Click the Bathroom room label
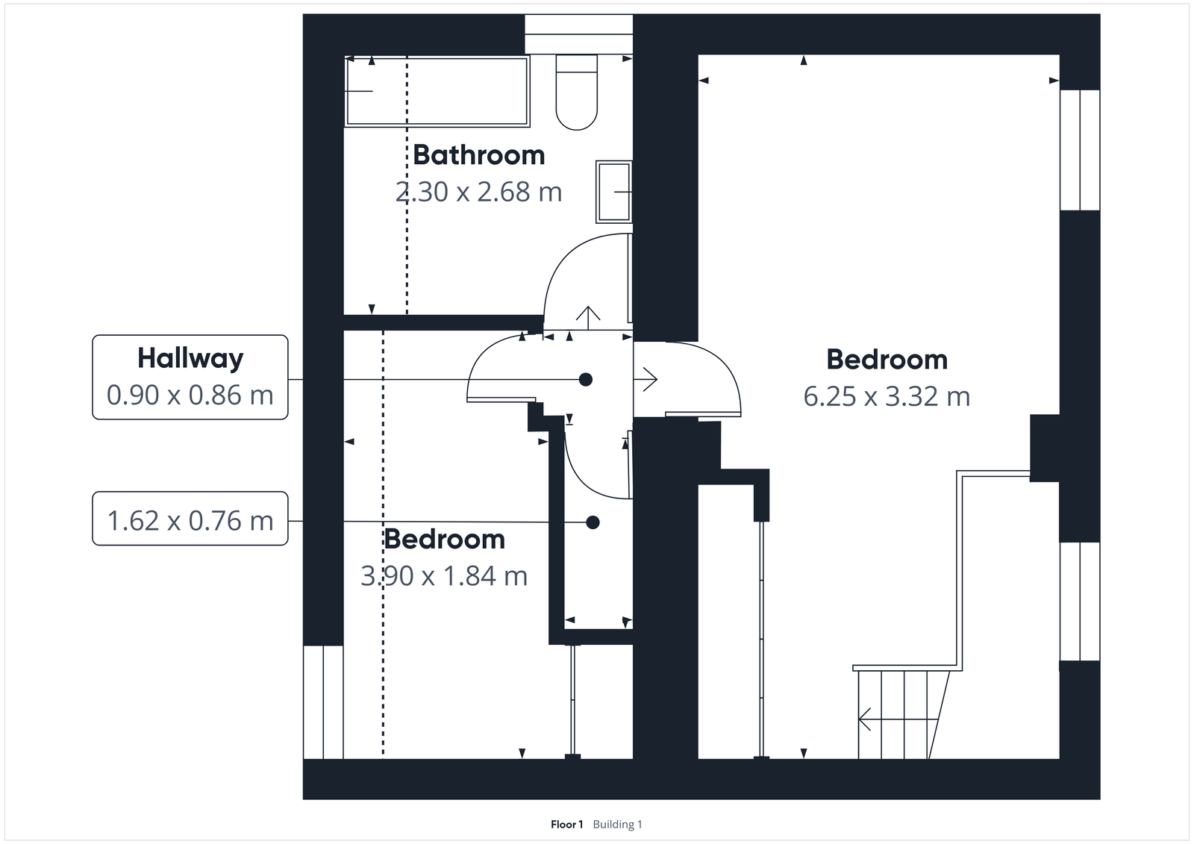pos(478,155)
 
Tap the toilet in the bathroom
pos(577,92)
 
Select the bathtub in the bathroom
pos(437,91)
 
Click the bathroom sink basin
pos(613,192)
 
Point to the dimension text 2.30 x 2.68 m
pos(478,193)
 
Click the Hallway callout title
pos(190,358)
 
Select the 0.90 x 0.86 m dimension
pos(190,395)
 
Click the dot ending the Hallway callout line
pos(586,380)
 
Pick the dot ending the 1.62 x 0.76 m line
pos(593,522)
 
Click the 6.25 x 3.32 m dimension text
pos(887,396)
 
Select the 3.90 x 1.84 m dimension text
pos(444,576)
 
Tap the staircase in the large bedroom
pos(903,713)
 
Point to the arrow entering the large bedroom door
pos(646,380)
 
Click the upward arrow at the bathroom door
pos(588,317)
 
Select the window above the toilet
pos(578,34)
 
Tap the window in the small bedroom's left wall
pos(323,701)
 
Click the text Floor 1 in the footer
pos(566,825)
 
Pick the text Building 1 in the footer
pos(617,825)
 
